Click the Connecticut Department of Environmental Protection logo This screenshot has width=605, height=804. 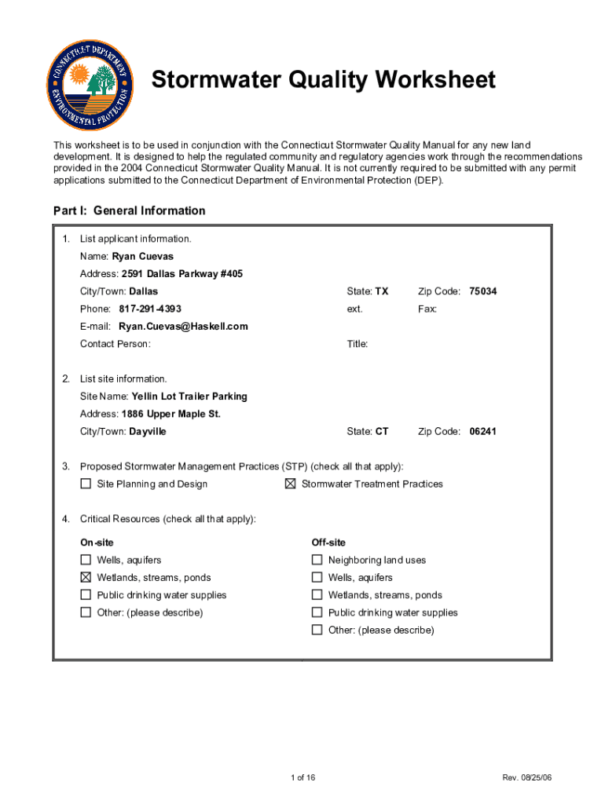90,85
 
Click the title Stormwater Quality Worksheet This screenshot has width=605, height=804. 323,80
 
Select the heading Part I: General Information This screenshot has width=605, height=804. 129,210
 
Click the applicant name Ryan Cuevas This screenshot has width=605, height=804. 142,256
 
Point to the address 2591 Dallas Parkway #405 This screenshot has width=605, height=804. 181,274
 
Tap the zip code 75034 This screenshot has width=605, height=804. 482,291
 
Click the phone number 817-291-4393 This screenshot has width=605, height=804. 150,309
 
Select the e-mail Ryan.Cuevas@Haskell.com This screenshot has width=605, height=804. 183,326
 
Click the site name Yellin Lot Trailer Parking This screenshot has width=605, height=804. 189,397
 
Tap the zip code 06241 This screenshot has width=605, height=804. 482,431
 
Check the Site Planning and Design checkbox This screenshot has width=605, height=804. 86,484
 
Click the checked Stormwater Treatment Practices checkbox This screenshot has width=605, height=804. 290,484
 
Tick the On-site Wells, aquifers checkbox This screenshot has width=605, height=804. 86,560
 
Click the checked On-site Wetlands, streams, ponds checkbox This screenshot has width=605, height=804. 86,577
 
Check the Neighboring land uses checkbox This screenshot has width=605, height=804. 317,560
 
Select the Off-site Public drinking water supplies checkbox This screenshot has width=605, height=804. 317,612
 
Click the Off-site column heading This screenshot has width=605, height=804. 328,543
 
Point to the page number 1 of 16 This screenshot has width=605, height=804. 302,778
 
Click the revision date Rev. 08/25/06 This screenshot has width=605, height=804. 527,778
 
